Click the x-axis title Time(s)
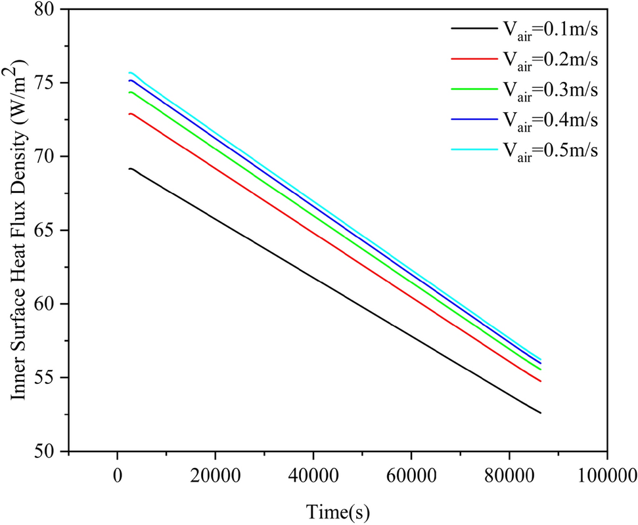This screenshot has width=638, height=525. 337,509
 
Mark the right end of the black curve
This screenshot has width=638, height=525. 540,413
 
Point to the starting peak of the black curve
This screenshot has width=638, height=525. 131,169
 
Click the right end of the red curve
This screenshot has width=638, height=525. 540,381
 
